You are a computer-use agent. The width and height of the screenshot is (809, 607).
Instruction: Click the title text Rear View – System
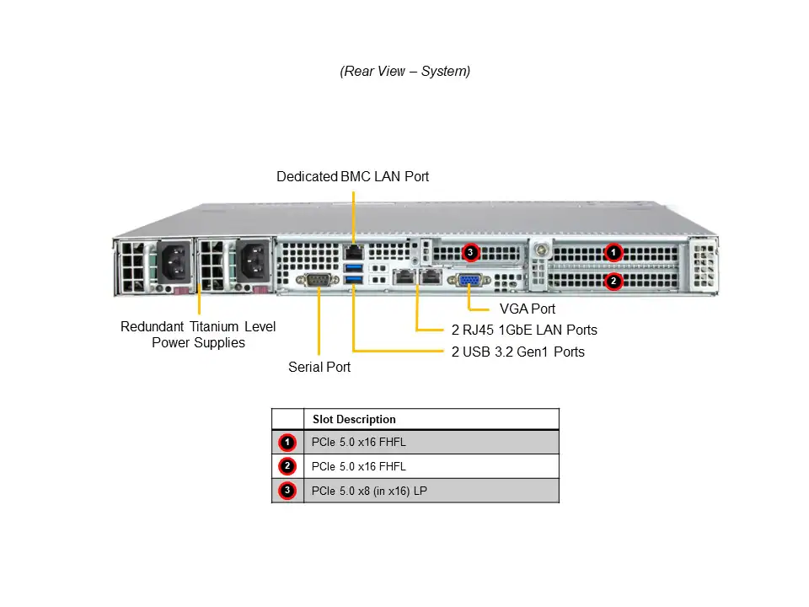404,72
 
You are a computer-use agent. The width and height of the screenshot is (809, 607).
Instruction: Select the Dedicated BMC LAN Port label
352,177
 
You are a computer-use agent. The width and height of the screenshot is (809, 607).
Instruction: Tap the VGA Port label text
528,309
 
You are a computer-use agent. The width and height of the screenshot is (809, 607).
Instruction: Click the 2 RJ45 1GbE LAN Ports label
523,330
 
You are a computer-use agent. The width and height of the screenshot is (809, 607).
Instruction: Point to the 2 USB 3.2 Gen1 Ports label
517,352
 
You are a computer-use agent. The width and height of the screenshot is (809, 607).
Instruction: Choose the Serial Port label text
319,368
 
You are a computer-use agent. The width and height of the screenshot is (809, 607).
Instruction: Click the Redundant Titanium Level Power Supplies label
198,335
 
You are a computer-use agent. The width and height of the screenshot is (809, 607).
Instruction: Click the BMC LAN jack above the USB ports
353,251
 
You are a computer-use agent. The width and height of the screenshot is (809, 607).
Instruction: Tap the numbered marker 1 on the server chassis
614,251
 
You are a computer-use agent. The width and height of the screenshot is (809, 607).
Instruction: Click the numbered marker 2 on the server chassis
614,280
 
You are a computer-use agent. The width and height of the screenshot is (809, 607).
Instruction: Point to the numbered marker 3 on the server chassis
471,251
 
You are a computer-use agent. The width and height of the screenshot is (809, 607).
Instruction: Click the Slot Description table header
354,419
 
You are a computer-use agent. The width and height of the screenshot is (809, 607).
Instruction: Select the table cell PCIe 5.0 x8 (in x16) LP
369,491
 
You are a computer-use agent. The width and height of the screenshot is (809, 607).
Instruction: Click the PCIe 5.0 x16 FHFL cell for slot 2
358,466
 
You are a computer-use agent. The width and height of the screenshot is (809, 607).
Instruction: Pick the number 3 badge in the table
287,491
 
